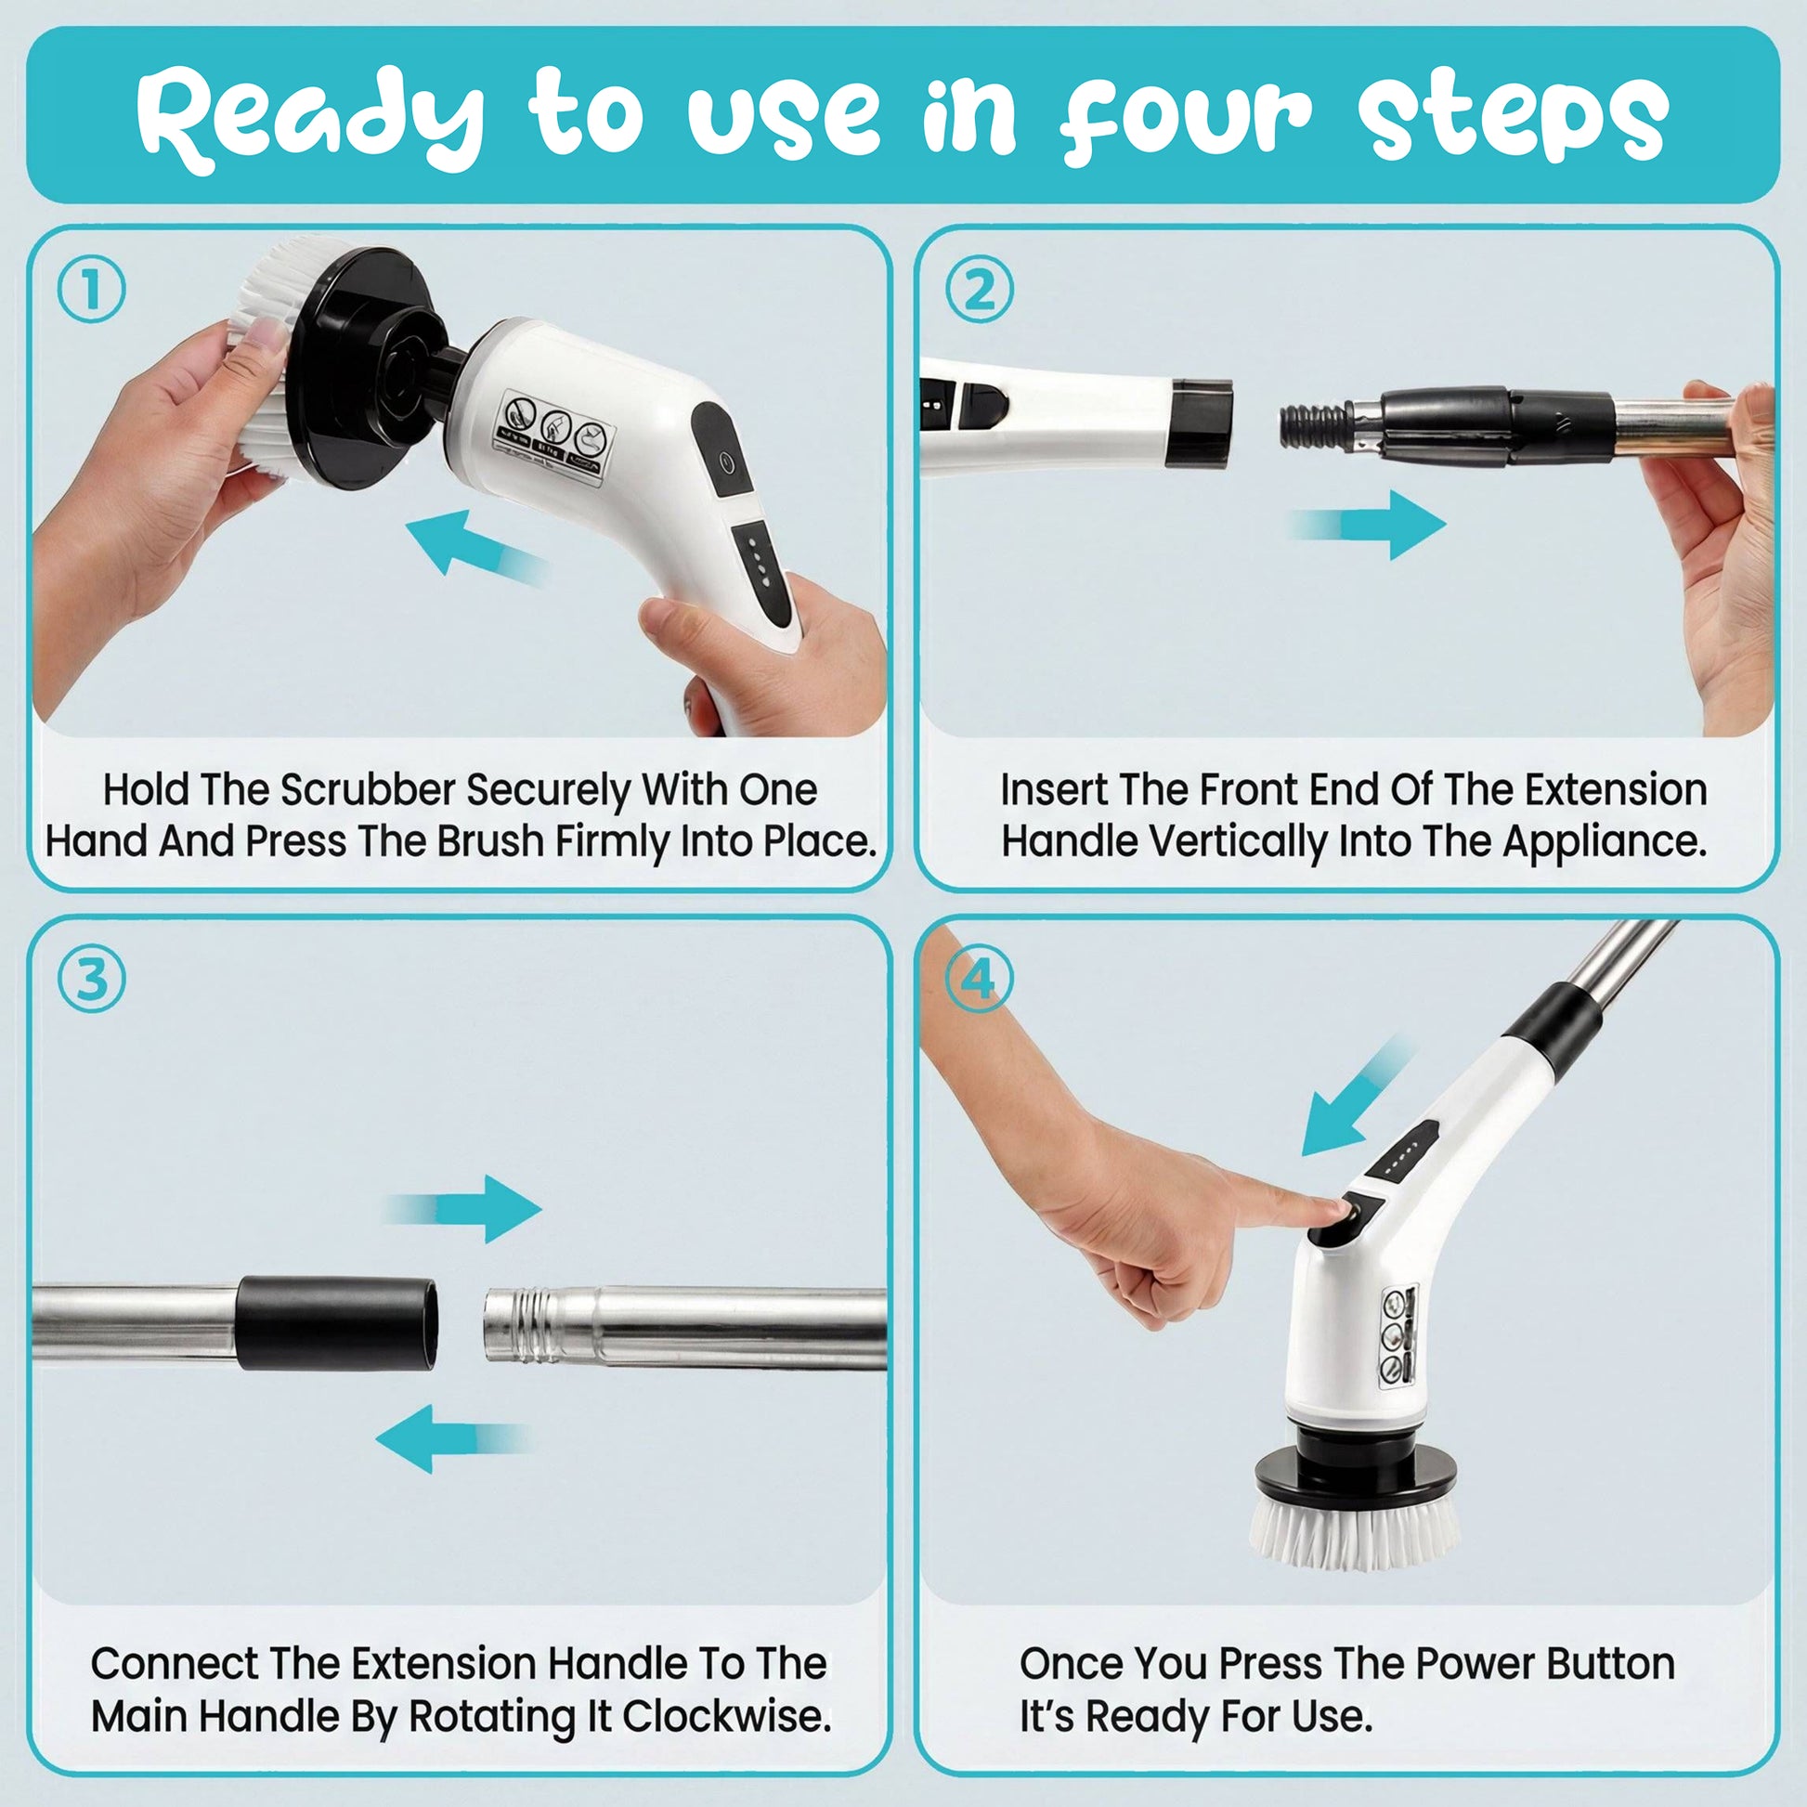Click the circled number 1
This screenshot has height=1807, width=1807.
coord(91,289)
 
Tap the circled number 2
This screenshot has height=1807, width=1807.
coord(980,289)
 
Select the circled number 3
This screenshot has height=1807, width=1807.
coord(91,981)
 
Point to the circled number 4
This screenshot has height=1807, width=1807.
coord(980,981)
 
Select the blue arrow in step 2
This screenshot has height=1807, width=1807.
coord(1368,525)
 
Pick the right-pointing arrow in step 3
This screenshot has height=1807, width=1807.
coord(464,1209)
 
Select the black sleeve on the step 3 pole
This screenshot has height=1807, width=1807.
coord(336,1322)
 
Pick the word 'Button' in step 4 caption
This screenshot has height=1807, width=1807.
coord(1610,1663)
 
